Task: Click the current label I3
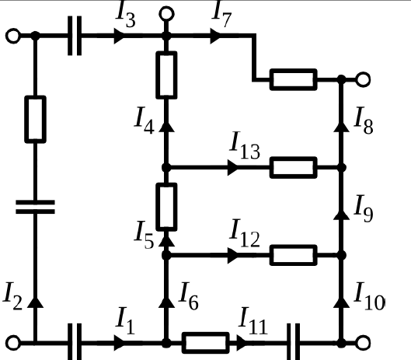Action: pos(126,14)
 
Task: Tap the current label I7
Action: pos(221,14)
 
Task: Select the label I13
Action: pos(245,145)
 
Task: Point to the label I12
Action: pos(245,233)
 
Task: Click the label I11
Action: pos(253,320)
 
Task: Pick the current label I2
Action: pos(12,295)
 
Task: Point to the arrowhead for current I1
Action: pos(120,343)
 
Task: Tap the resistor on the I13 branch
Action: pos(294,167)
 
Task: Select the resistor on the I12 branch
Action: pos(294,255)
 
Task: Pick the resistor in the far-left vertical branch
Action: pos(36,120)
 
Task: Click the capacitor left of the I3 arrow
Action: pos(75,36)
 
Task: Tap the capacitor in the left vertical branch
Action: pos(36,207)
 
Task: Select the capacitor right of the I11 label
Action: pos(294,341)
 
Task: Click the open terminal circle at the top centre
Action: pos(167,14)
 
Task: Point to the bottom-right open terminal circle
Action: pos(363,343)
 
